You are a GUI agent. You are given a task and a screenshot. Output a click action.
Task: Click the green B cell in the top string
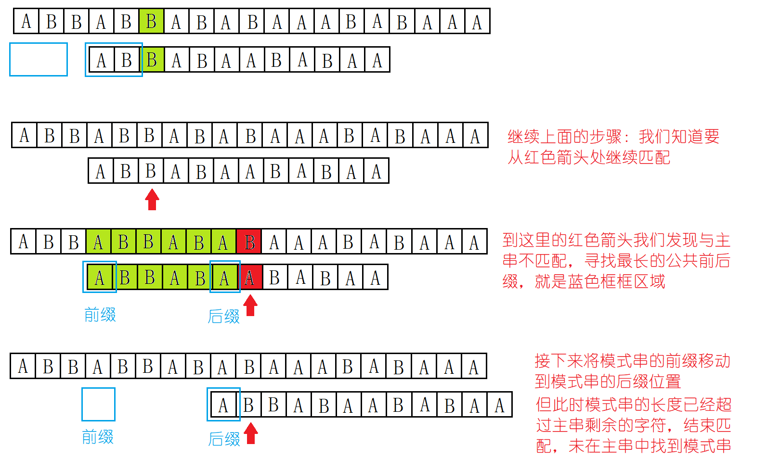[151, 22]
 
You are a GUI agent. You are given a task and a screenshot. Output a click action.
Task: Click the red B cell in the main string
[249, 242]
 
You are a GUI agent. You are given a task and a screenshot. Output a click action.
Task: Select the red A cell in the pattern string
[249, 278]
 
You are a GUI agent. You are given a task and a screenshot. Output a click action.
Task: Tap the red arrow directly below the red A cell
[250, 305]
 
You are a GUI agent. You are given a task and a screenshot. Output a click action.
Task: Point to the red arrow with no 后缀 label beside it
[152, 199]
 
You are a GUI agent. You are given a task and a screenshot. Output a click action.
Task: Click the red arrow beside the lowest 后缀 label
[251, 433]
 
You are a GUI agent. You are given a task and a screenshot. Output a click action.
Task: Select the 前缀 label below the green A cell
[100, 315]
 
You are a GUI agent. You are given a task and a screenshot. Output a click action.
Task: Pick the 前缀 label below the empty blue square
[98, 437]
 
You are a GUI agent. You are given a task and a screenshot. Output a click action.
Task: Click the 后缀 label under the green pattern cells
[224, 317]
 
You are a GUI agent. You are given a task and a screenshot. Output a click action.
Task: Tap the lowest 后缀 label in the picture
[224, 439]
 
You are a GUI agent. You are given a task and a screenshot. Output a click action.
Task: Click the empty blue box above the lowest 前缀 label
[98, 405]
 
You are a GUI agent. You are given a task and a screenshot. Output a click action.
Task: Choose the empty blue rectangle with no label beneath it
[39, 59]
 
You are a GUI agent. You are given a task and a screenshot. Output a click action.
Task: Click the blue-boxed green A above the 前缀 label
[100, 278]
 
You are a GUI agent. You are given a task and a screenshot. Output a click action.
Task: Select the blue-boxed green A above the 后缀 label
[224, 278]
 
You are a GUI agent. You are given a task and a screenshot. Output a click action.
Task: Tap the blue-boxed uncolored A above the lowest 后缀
[223, 405]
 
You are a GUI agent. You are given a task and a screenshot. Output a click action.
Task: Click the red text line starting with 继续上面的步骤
[613, 137]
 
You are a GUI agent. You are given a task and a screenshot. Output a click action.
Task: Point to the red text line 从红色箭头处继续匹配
[588, 157]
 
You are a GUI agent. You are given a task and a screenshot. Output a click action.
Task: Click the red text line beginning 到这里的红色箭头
[616, 240]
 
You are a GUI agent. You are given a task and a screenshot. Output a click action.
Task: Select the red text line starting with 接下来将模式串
[632, 361]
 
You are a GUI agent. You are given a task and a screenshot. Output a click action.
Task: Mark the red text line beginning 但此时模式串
[634, 404]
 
